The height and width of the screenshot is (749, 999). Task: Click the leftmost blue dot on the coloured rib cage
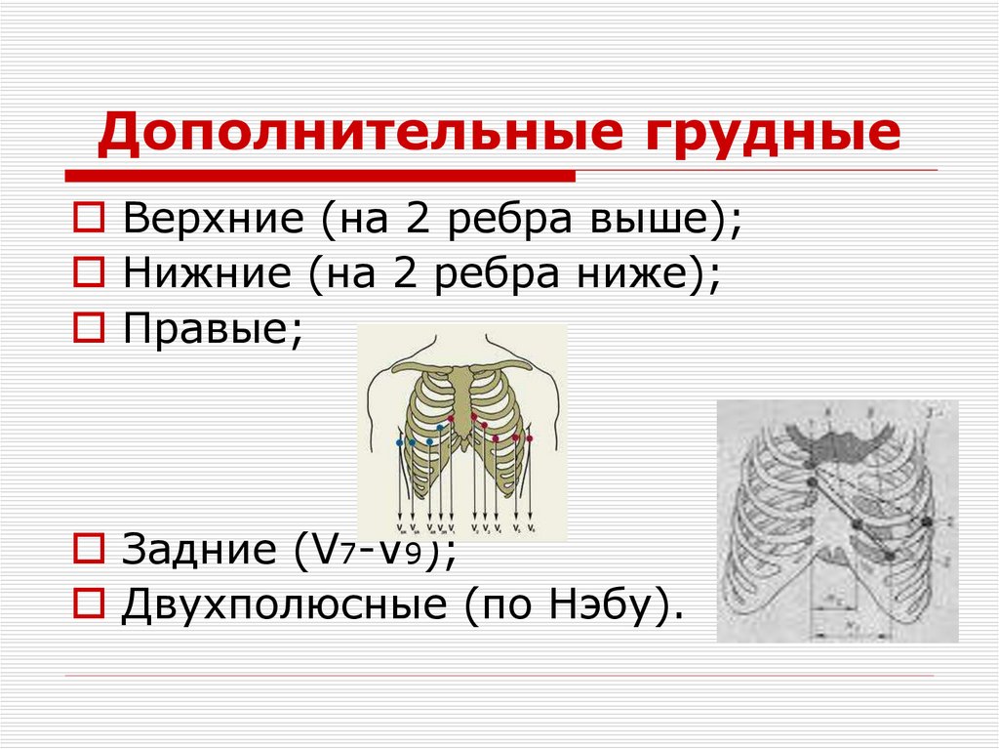click(399, 443)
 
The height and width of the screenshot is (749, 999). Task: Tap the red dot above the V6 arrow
click(529, 438)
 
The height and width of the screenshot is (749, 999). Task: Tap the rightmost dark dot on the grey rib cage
click(927, 523)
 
